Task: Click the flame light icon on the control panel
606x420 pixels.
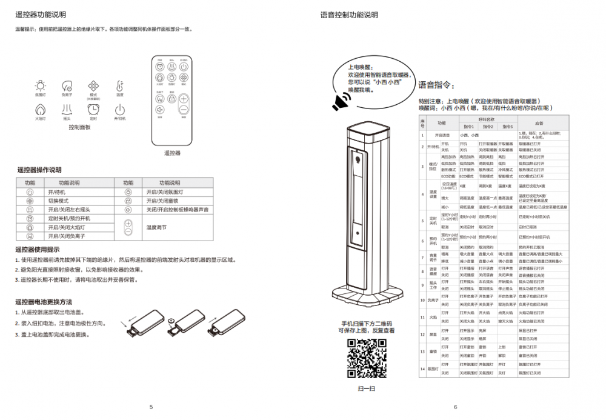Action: (x=40, y=109)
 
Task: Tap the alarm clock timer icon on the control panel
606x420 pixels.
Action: (x=93, y=109)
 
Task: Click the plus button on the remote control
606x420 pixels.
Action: (x=184, y=98)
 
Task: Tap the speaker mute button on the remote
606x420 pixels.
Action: (x=160, y=110)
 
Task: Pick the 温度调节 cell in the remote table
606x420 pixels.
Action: (x=156, y=227)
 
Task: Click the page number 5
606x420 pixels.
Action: (x=151, y=407)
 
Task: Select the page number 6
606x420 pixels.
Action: (x=455, y=407)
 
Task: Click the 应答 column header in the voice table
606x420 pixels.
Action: (x=539, y=123)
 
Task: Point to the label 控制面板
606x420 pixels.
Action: (x=79, y=128)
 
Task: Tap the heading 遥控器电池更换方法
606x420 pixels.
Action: (x=44, y=302)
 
